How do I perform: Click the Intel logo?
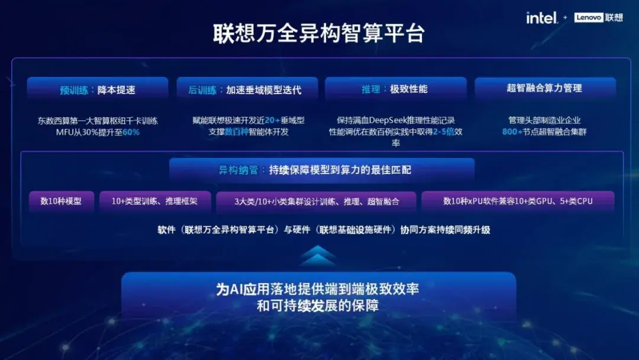[x=541, y=18]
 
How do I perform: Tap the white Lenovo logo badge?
[x=589, y=18]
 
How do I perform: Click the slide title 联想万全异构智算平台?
[x=319, y=33]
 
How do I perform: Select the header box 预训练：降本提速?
[x=98, y=89]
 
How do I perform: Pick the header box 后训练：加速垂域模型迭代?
[x=247, y=89]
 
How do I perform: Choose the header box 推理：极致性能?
[x=396, y=88]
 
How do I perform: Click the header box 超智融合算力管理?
[x=545, y=88]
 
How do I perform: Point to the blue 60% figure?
[x=131, y=132]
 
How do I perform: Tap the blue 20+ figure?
[x=272, y=120]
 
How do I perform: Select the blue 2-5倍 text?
[x=443, y=131]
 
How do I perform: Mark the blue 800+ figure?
[x=512, y=131]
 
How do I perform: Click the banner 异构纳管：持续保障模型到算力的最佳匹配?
[x=321, y=169]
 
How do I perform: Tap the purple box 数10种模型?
[x=62, y=201]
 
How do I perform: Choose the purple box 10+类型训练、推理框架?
[x=155, y=201]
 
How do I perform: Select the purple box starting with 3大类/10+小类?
[x=316, y=201]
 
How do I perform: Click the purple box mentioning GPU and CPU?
[x=518, y=201]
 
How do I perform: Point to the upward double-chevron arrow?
[x=318, y=255]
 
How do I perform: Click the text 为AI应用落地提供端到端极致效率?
[x=318, y=289]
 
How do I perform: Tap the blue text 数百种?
[x=237, y=131]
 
